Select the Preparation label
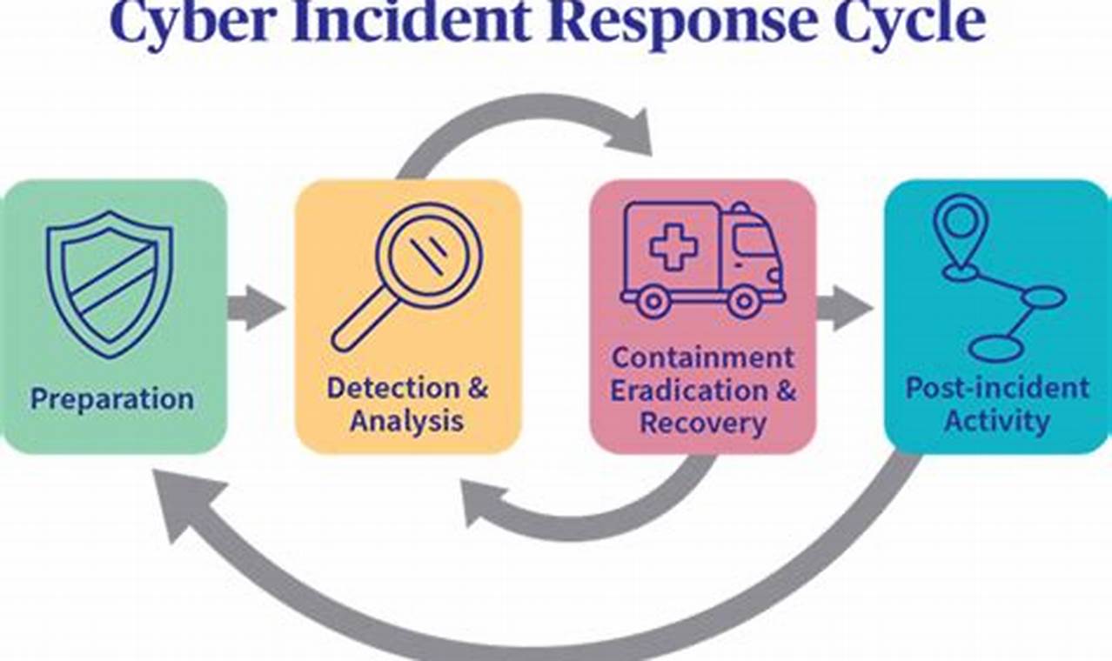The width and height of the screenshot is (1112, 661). point(112,399)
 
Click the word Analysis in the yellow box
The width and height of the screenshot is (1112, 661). point(406,421)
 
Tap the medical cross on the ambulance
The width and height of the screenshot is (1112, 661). point(673,246)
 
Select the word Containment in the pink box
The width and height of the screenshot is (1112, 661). point(703,357)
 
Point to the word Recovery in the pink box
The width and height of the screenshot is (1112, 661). point(703,424)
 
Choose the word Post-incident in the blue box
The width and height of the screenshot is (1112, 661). point(997,388)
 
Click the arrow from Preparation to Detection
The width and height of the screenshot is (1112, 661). point(258,307)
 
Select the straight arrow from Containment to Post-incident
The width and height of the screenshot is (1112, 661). point(845,307)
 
